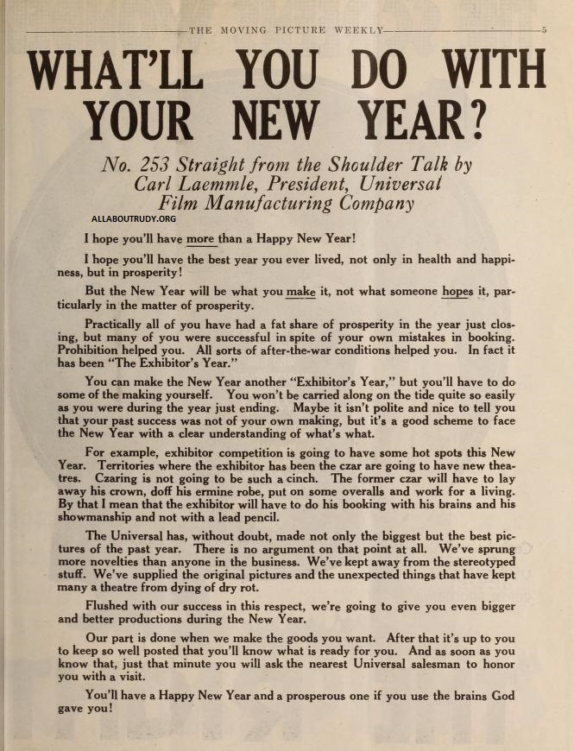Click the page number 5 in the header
tap(544, 29)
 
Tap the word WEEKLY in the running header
tap(357, 29)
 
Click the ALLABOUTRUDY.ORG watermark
tap(127, 219)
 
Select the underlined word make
tap(301, 291)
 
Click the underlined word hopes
tap(457, 291)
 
